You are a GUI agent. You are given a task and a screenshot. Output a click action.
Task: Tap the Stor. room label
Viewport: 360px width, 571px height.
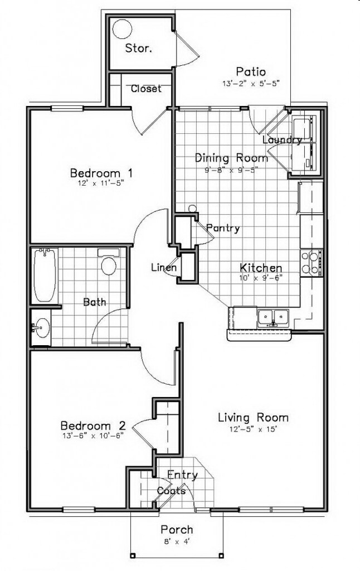[x=138, y=48]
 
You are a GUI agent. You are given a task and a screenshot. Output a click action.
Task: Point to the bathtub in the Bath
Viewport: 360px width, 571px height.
[x=45, y=277]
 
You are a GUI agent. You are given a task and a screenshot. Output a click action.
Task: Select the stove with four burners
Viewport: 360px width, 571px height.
[x=313, y=263]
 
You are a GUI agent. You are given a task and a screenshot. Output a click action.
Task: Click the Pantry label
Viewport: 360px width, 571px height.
[x=223, y=228]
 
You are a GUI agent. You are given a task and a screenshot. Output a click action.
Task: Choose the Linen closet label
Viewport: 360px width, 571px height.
[x=164, y=268]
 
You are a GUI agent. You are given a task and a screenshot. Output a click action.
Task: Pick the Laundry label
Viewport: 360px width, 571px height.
[x=282, y=140]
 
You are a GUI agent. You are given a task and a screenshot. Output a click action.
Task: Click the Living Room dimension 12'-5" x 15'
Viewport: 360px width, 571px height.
[x=253, y=429]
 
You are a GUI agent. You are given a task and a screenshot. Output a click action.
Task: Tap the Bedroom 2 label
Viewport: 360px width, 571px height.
[x=93, y=424]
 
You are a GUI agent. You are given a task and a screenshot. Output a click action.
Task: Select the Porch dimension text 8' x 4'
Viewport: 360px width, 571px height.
[x=177, y=540]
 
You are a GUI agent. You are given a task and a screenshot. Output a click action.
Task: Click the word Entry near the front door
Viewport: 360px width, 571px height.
[x=182, y=475]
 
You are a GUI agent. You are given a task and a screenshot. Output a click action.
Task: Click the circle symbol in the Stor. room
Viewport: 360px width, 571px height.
[x=122, y=29]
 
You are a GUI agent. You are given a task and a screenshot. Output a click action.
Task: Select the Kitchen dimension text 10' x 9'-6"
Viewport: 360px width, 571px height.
[x=261, y=279]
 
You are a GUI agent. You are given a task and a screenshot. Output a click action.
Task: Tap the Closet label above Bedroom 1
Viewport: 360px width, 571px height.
[x=146, y=88]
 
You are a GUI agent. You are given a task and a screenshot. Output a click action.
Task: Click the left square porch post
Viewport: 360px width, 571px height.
[x=133, y=555]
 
